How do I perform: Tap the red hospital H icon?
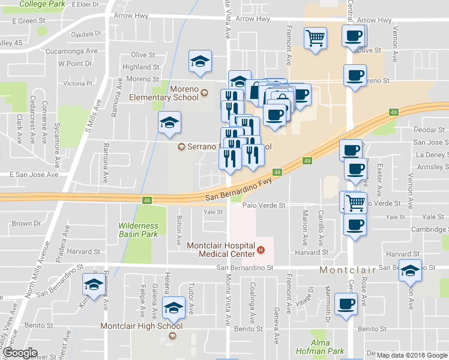pyautogui.click(x=261, y=250)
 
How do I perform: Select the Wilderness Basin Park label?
pyautogui.click(x=139, y=229)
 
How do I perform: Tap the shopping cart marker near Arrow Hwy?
pyautogui.click(x=316, y=38)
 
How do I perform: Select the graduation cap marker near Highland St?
pyautogui.click(x=200, y=61)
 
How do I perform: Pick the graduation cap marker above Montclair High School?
pyautogui.click(x=173, y=308)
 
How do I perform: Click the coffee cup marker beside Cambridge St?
pyautogui.click(x=355, y=225)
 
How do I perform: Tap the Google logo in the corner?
pyautogui.click(x=20, y=353)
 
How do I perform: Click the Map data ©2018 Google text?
pyautogui.click(x=411, y=355)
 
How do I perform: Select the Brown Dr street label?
pyautogui.click(x=26, y=224)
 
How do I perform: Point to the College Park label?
pyautogui.click(x=42, y=4)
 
